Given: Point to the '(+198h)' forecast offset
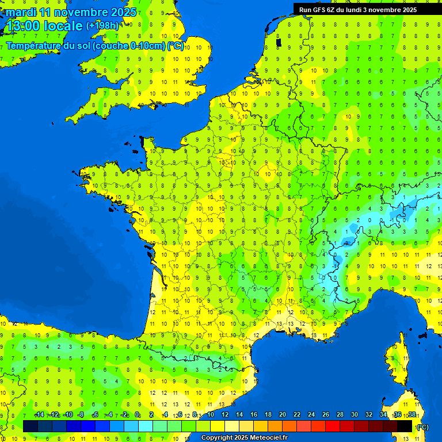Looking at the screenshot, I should point(103,26).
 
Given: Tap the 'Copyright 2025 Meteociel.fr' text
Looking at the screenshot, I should point(244,437).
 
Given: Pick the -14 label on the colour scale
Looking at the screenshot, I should point(40,415).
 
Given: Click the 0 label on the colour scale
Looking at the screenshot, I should point(137,415).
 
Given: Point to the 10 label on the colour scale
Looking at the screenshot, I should point(210,415).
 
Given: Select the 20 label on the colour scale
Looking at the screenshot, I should point(282,415).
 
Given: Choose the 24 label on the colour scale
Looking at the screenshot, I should point(311,415).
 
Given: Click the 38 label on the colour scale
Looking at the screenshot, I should point(412,415).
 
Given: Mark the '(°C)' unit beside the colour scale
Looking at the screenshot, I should point(424,426).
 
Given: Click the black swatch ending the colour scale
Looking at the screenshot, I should point(405,426).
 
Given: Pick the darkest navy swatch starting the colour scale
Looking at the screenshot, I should point(31,426).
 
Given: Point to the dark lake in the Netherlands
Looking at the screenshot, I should point(279,43).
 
